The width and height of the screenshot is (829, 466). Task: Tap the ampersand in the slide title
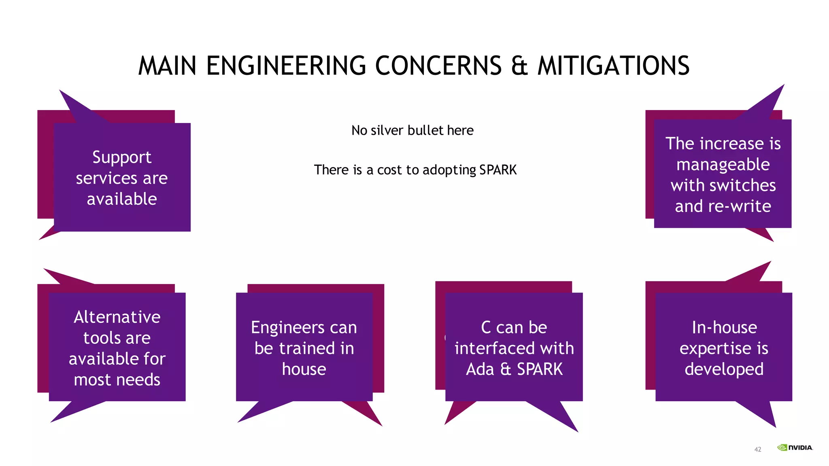coord(519,66)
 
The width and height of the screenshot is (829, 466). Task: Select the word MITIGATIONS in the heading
coord(613,66)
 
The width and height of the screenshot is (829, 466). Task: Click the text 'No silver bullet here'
coord(412,130)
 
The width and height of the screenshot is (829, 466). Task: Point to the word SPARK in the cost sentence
coord(498,169)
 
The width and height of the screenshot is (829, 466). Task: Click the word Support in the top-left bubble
coord(122,157)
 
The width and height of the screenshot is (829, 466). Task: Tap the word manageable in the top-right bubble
coord(723,165)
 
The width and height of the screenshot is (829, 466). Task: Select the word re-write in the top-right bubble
coord(740,206)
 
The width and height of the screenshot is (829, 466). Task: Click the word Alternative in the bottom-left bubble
coord(117,317)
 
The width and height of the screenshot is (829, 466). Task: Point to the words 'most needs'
coord(117,380)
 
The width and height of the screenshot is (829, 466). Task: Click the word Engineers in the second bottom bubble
coord(287,328)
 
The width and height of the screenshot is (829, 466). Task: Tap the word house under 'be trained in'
coord(304,369)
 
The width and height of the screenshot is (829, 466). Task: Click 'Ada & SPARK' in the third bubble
coord(514,369)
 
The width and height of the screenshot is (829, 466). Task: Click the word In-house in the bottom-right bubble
coord(724,327)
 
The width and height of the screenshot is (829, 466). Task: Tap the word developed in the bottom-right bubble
coord(724,369)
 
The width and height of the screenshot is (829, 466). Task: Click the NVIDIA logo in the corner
coord(795,447)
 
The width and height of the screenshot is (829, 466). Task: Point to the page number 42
coord(758,449)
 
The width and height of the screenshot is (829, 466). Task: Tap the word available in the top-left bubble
coord(122,199)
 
